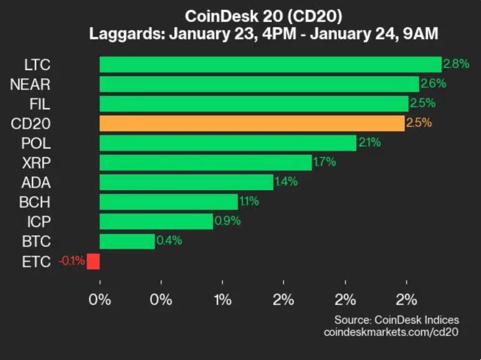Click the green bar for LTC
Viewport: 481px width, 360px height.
point(270,65)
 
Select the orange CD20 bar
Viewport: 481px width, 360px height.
point(252,123)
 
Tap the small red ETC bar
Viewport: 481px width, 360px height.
point(93,261)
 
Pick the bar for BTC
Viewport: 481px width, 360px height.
point(127,242)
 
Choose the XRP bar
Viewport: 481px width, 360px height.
point(206,163)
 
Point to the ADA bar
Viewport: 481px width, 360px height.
point(186,182)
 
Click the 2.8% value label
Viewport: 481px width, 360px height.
point(456,64)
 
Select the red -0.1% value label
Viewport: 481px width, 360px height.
point(72,260)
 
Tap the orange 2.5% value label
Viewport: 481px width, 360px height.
point(419,123)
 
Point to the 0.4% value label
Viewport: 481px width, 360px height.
point(169,240)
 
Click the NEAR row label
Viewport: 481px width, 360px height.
point(30,85)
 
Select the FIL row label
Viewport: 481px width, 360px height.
point(40,104)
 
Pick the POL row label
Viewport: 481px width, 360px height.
point(36,143)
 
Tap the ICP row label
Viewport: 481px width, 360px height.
point(39,222)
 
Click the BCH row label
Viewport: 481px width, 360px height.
point(35,202)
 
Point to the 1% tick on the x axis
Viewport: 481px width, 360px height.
point(222,300)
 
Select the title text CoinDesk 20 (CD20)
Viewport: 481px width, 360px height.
point(264,16)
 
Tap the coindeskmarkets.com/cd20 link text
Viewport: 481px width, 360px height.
point(391,332)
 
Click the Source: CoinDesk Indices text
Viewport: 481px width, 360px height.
point(396,320)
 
